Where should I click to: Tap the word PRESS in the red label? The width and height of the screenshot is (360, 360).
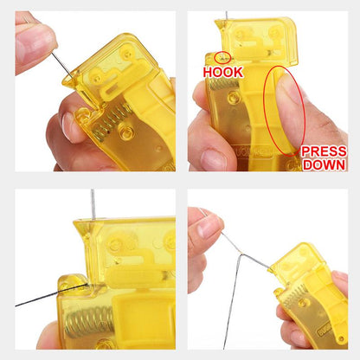click(323, 151)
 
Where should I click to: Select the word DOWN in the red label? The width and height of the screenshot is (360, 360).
click(323, 164)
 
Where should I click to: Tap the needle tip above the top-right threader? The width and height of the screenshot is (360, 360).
click(226, 15)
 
